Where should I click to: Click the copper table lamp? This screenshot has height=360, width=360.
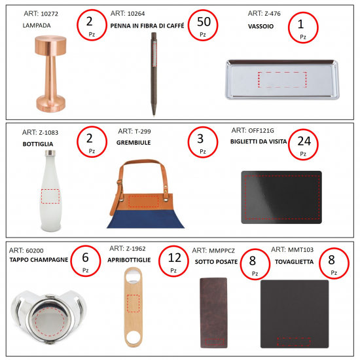[51, 73]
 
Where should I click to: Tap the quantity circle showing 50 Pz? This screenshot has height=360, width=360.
[203, 26]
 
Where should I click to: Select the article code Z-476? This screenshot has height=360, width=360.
[272, 14]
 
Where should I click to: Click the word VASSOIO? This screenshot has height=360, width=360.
[261, 26]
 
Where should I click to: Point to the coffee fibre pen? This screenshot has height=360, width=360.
[154, 74]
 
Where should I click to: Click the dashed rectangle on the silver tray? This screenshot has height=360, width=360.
[282, 80]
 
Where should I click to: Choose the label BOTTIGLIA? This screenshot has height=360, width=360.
[38, 144]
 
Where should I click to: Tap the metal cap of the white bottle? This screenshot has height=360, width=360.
[50, 153]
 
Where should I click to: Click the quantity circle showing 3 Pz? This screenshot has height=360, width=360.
[203, 142]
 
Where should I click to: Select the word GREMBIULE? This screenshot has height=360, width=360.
[134, 143]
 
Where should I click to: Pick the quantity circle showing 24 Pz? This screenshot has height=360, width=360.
[303, 144]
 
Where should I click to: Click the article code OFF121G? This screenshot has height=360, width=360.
[261, 131]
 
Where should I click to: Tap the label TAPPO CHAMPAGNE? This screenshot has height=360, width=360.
[39, 260]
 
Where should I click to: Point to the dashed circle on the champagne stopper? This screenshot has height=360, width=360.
[50, 323]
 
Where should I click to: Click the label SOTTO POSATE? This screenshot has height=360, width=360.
[216, 262]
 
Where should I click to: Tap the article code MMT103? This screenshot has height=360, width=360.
[300, 249]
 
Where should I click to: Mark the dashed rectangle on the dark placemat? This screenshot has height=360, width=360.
[294, 342]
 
